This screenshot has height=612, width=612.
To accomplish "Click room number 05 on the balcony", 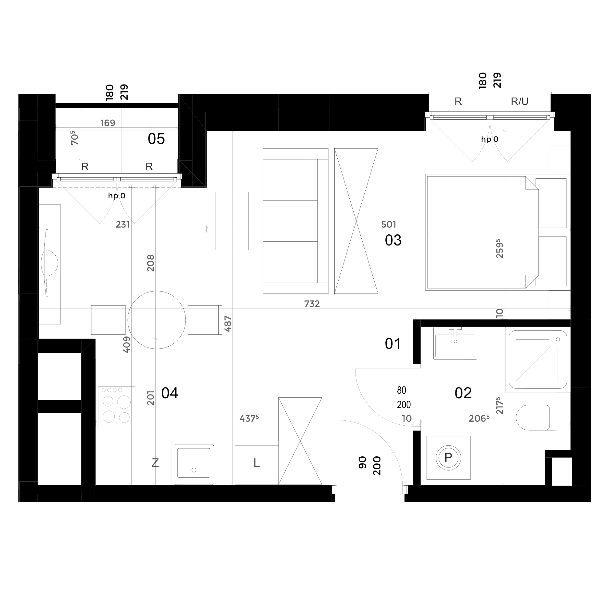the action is (x=156, y=139).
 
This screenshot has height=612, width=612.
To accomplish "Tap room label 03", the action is (x=393, y=240).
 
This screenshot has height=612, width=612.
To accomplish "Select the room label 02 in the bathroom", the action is (x=463, y=393).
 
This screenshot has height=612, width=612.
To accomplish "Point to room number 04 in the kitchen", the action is (x=170, y=393).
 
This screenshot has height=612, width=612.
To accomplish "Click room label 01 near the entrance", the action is (x=393, y=344).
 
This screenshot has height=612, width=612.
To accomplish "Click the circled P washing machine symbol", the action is (x=448, y=457).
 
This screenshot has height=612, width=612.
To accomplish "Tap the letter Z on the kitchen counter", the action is (x=155, y=463).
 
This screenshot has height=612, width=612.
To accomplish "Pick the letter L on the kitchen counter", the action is (x=256, y=463).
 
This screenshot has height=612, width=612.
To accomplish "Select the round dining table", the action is (x=157, y=320).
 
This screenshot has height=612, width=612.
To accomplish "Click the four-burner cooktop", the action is (x=117, y=407).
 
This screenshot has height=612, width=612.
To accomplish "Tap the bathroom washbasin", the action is (x=455, y=343).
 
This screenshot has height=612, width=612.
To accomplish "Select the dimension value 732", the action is (x=312, y=304).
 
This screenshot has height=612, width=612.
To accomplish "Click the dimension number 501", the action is (x=389, y=224).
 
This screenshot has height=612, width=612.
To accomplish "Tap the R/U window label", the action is (x=519, y=101).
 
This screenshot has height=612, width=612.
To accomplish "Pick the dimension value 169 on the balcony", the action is (x=108, y=123).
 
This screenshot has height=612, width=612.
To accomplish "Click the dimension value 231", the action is (x=123, y=224).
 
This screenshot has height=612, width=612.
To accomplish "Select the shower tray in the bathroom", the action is (x=538, y=360).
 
